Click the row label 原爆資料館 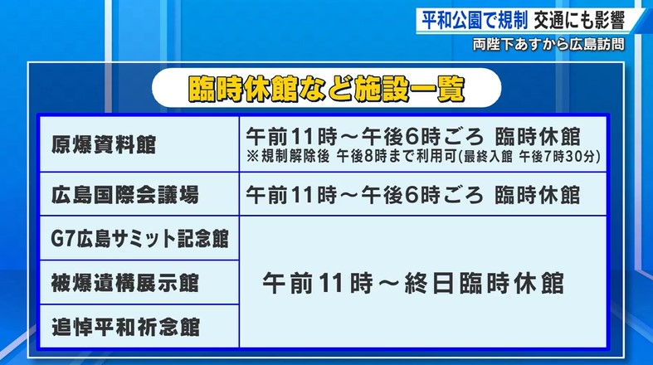(x=104, y=145)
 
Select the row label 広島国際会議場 (x=125, y=194)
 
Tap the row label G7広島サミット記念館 (x=140, y=239)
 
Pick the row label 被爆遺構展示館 (x=125, y=283)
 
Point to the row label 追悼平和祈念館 (x=125, y=327)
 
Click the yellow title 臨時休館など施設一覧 (x=326, y=88)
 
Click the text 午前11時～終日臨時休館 (x=413, y=283)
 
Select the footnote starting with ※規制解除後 (x=423, y=157)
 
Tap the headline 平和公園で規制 (x=475, y=20)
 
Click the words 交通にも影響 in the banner (x=580, y=20)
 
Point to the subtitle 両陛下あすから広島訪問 (x=548, y=44)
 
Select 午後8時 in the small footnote (x=360, y=157)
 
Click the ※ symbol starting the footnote (x=253, y=157)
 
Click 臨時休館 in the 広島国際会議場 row (x=538, y=195)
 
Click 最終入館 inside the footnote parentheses (x=488, y=157)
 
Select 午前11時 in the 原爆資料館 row (x=291, y=136)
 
